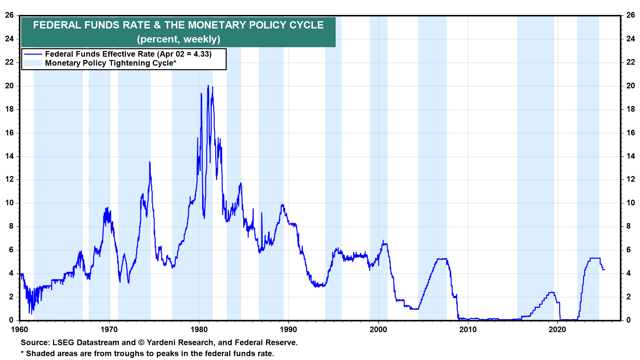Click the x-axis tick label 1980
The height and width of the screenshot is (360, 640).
coord(199,330)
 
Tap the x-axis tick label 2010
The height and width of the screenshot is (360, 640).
coord(468,330)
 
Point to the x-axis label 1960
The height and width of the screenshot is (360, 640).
coord(20,330)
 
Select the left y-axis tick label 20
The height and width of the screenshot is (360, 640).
coord(9,86)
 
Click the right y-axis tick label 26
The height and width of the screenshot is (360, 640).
coord(630,15)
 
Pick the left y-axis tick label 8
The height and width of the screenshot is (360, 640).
coord(11,226)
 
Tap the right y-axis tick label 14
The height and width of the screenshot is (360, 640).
coord(630,156)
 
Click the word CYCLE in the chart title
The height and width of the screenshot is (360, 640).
coord(306,25)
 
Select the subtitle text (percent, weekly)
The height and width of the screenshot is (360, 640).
coord(179,39)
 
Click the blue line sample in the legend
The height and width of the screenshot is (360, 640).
coord(33,54)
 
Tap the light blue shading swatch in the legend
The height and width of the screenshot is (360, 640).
coord(33,63)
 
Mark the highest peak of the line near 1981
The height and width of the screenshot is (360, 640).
coord(208,85)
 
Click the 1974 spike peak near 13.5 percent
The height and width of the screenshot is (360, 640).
coord(150,162)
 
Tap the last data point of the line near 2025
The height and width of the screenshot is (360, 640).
coord(605,269)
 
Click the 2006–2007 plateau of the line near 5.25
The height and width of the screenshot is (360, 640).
coord(442,259)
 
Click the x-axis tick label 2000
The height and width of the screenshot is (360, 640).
coord(378,330)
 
